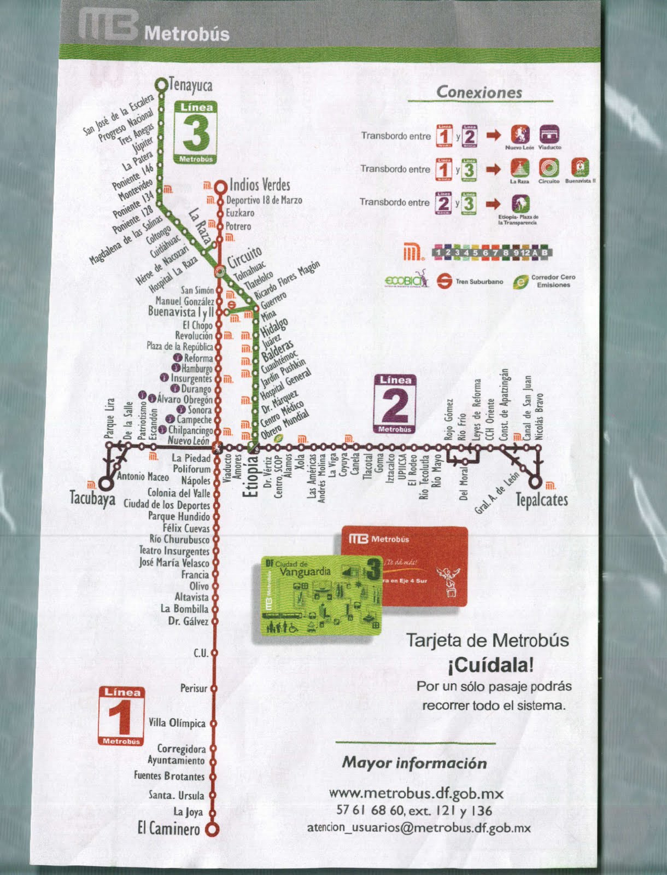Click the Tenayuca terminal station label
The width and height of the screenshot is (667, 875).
[x=190, y=85]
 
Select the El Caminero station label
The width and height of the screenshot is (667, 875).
[x=168, y=829]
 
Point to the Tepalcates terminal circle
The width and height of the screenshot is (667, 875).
[x=536, y=482]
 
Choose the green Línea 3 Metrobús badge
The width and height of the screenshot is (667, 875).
[x=196, y=132]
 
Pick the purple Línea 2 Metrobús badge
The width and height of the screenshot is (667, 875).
[x=395, y=404]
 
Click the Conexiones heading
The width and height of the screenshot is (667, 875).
[x=479, y=92]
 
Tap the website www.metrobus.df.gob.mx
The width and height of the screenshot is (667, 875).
[x=416, y=793]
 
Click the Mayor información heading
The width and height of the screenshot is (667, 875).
[x=414, y=762]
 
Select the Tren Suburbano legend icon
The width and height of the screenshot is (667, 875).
[x=444, y=281]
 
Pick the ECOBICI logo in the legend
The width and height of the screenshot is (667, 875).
[x=406, y=280]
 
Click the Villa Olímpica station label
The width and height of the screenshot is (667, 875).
[x=177, y=723]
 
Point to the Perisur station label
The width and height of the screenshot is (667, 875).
[x=194, y=688]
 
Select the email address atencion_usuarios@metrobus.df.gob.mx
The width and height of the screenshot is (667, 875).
[x=419, y=828]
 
